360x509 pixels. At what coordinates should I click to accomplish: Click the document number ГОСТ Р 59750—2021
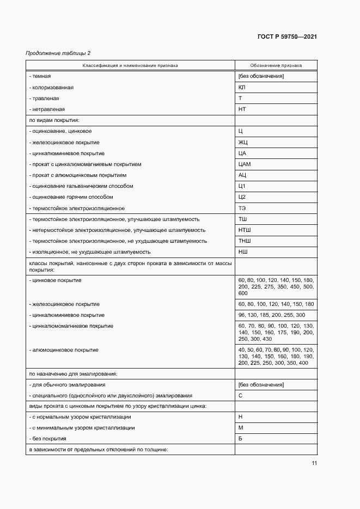287,36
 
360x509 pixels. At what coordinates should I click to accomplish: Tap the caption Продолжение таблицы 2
58,53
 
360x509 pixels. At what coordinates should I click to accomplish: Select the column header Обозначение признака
276,65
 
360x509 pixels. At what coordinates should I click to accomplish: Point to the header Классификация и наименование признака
130,65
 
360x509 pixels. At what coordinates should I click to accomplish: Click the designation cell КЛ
242,87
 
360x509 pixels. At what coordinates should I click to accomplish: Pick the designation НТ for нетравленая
242,109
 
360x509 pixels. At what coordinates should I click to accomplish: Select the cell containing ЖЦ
243,142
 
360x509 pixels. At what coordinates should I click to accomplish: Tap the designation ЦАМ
245,164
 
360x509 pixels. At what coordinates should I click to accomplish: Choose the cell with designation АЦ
242,175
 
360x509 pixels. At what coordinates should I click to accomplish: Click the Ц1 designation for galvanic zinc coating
242,186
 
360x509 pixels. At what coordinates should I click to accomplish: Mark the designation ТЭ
242,208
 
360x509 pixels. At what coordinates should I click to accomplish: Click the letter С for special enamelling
240,395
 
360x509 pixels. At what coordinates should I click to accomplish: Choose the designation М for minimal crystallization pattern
241,428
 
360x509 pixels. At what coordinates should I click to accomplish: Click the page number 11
314,463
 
